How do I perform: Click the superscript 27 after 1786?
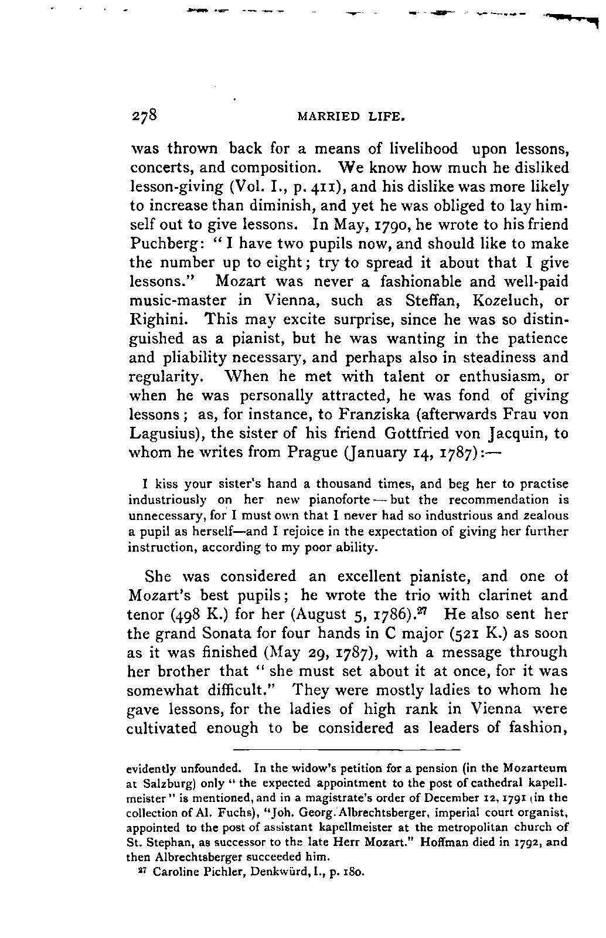pyautogui.click(x=430, y=611)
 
